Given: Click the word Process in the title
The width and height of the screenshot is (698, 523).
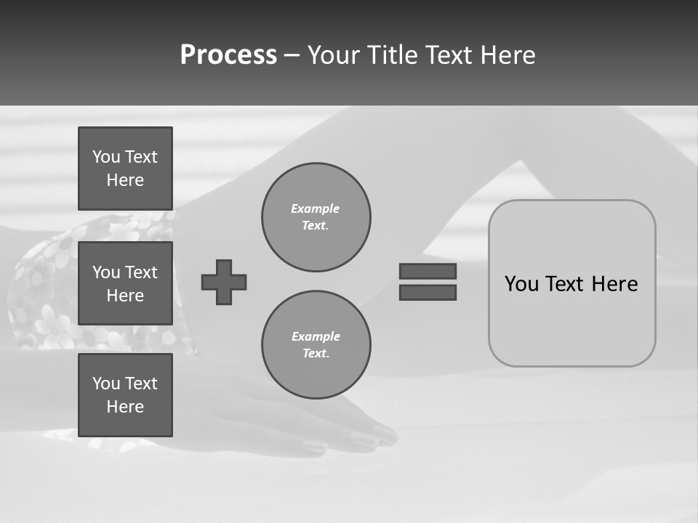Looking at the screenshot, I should tap(228, 55).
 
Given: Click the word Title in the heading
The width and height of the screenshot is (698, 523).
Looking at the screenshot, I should tap(395, 55).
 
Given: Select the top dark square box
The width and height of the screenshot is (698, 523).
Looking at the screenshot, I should tap(125, 169).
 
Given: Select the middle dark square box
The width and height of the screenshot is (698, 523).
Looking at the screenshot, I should tap(125, 283).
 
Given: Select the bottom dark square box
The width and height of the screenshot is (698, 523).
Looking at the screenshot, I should tap(125, 395).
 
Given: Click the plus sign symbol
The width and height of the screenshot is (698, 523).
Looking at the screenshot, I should tap(224, 282).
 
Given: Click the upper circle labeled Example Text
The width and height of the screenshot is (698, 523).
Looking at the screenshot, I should tap(316, 217).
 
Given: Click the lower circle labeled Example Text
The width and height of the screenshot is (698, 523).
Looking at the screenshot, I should tap(316, 345).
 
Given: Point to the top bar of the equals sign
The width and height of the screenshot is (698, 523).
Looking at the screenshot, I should tap(428, 271).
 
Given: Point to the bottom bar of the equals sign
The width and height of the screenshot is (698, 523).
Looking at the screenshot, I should tap(428, 292).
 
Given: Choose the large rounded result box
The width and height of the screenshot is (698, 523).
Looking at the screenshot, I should tap(572, 320).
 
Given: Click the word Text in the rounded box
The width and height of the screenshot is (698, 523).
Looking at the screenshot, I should tap(566, 284).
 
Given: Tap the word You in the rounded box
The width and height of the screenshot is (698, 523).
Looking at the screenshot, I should tap(521, 284).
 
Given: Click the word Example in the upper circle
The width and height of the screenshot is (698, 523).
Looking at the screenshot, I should tap(315, 208).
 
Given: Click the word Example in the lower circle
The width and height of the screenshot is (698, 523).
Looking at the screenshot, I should tap(316, 336).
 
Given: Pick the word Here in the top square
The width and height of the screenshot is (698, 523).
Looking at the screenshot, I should tap(125, 180).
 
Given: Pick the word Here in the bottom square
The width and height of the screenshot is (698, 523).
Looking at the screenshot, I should tap(125, 407).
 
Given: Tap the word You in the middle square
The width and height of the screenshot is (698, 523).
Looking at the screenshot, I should tap(106, 272).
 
